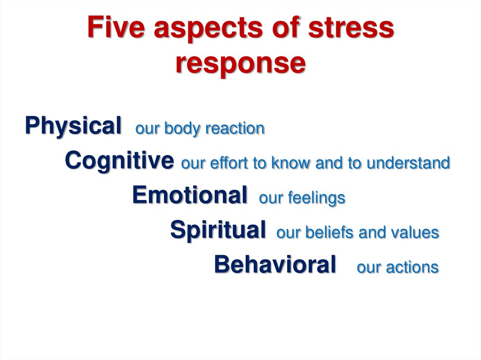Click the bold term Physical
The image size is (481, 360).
(x=73, y=126)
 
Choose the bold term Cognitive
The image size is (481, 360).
(x=119, y=161)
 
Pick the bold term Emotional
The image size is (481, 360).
(x=189, y=195)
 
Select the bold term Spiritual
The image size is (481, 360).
(x=217, y=230)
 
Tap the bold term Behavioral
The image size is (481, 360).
(x=275, y=264)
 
